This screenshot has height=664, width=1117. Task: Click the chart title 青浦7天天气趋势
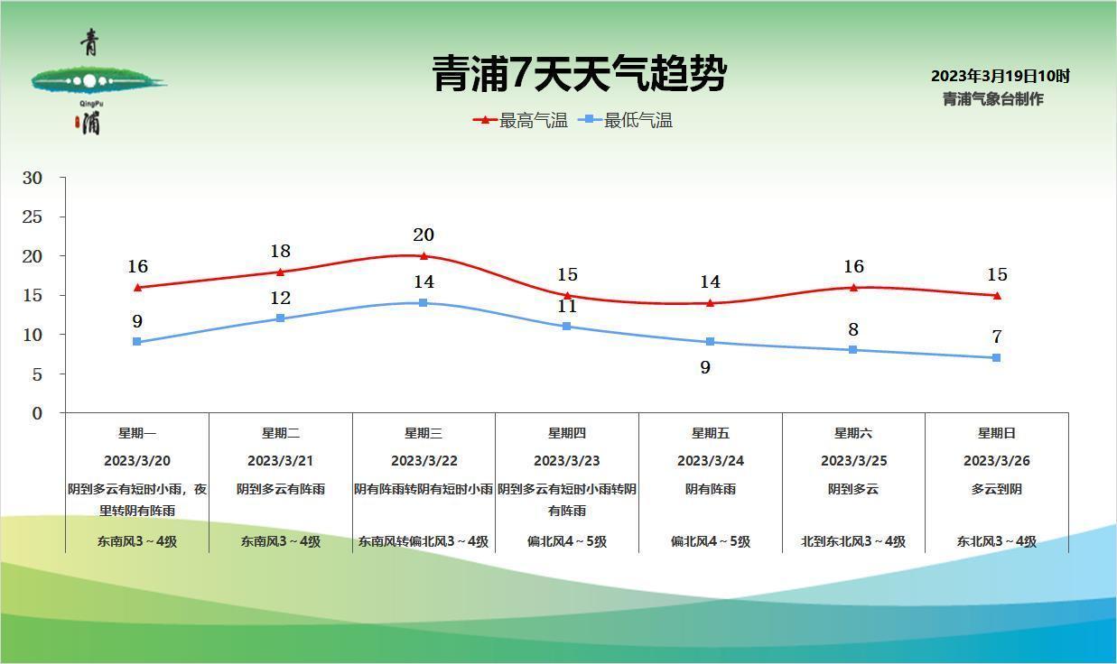(579, 74)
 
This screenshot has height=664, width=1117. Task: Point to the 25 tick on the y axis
(33, 217)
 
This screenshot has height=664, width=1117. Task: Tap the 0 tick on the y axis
(37, 413)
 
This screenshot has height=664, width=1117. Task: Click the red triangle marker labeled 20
(424, 255)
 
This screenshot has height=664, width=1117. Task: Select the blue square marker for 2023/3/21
(280, 318)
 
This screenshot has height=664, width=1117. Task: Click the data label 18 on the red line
(280, 251)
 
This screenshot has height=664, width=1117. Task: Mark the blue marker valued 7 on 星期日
(996, 358)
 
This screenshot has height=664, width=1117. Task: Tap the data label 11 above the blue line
(566, 306)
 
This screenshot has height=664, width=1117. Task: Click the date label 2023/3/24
(710, 461)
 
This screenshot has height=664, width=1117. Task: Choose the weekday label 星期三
(424, 433)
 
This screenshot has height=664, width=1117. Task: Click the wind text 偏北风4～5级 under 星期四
(567, 542)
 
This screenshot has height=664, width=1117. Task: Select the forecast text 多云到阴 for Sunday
(996, 489)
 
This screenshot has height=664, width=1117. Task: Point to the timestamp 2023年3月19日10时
(1000, 77)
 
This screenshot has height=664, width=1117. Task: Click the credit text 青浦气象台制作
(992, 99)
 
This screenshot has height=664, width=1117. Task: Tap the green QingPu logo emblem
(90, 82)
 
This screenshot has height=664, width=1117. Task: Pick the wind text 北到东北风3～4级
(852, 542)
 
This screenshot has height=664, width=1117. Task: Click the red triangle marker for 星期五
(710, 302)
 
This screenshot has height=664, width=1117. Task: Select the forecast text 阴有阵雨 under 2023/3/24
(710, 489)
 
